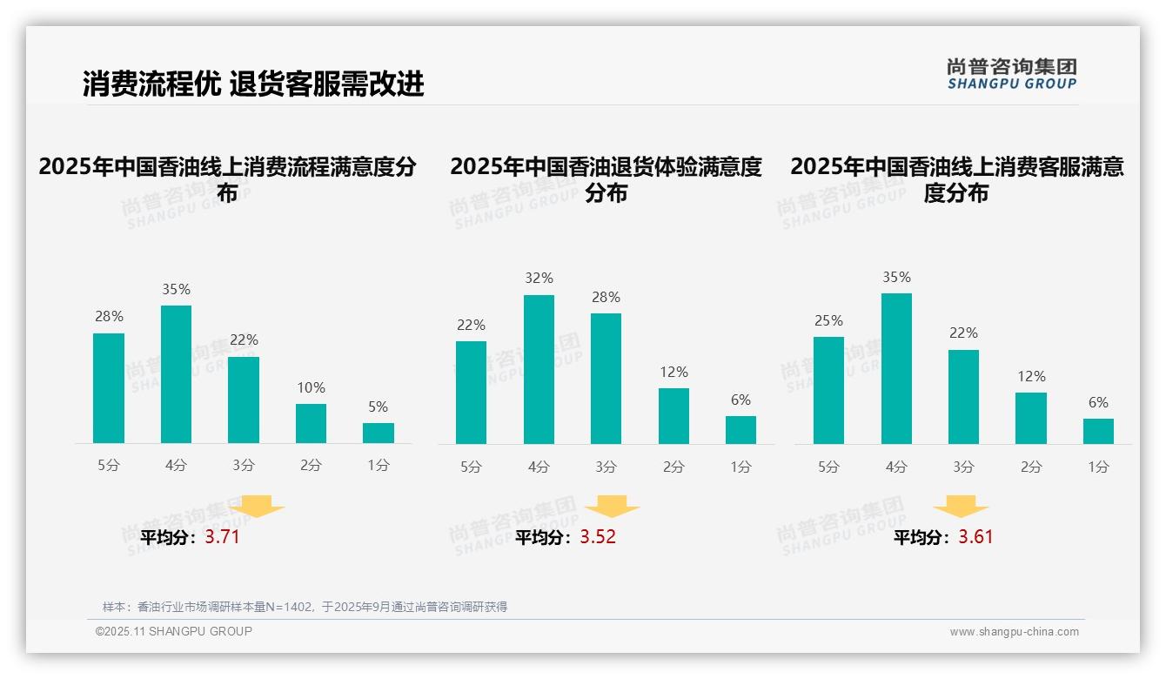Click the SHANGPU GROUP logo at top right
click(x=1011, y=74)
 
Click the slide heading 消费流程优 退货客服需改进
click(x=253, y=84)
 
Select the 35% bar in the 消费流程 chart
click(x=176, y=374)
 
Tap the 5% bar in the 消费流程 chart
click(x=379, y=433)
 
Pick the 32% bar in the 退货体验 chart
click(x=539, y=369)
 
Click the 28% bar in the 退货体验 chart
click(x=606, y=379)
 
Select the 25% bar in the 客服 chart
click(x=828, y=390)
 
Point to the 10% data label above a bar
click(x=311, y=387)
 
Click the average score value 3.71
click(x=222, y=537)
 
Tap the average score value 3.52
click(x=598, y=537)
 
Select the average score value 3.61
click(x=975, y=537)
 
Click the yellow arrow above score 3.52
click(x=612, y=507)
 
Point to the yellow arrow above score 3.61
click(x=961, y=507)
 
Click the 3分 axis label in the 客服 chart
click(x=963, y=467)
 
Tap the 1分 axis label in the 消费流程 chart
click(x=379, y=465)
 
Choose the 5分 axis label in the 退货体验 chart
click(x=471, y=467)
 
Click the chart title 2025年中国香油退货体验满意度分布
click(x=606, y=179)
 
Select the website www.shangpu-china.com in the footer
click(x=1014, y=632)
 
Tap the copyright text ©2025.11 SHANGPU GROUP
click(x=174, y=631)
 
